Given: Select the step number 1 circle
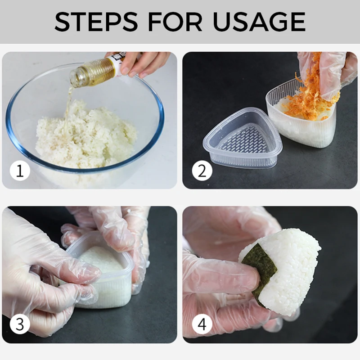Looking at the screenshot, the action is tap(20, 171).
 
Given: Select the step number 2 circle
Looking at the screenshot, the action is tap(202, 171).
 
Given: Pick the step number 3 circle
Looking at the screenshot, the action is tap(20, 324).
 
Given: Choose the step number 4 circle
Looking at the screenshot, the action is tap(202, 324).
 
